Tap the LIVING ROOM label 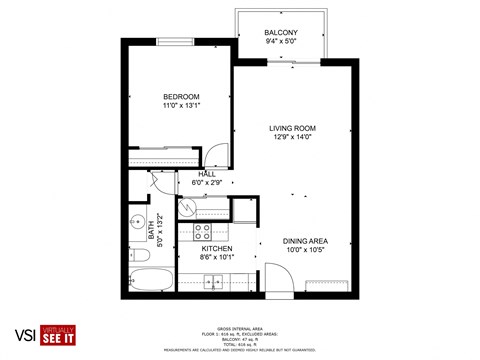pos(292,128)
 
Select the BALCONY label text pos(280,32)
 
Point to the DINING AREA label pos(305,241)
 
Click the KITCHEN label pos(217,248)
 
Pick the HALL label pos(207,174)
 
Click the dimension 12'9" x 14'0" pos(292,138)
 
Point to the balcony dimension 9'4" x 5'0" pos(280,42)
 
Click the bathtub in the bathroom pos(151,277)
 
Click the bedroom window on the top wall pos(175,41)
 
